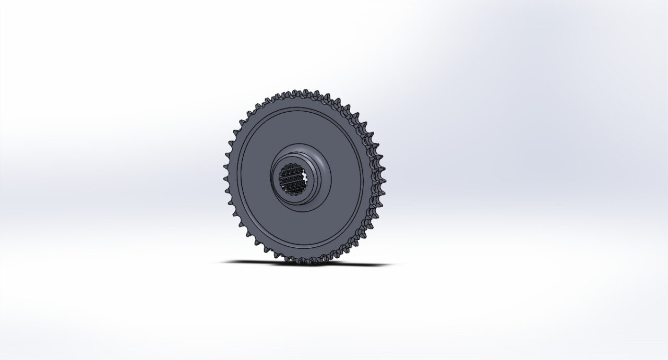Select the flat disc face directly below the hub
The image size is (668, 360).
[300, 227]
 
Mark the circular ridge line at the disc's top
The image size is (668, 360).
[300, 110]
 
